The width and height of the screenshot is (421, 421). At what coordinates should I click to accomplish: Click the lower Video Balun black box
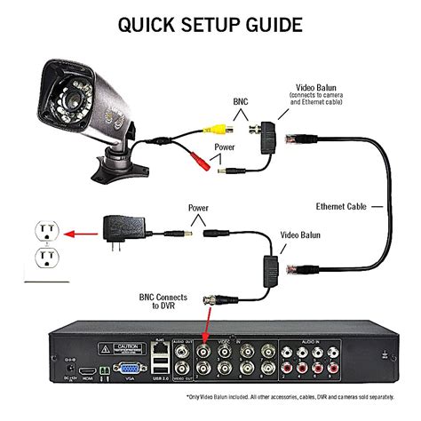(x=266, y=264)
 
